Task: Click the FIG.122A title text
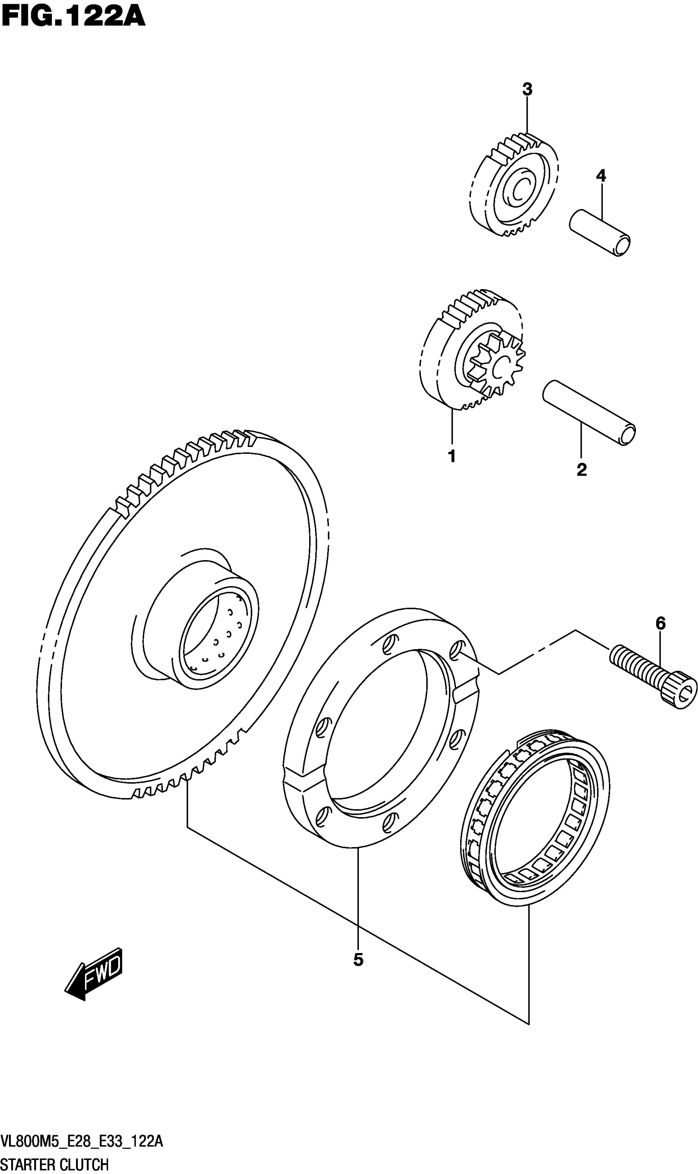click(x=73, y=18)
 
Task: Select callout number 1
click(x=452, y=456)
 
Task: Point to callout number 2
click(x=582, y=469)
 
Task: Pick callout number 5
click(x=358, y=960)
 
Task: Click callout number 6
click(x=660, y=624)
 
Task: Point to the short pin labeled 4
click(x=600, y=233)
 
